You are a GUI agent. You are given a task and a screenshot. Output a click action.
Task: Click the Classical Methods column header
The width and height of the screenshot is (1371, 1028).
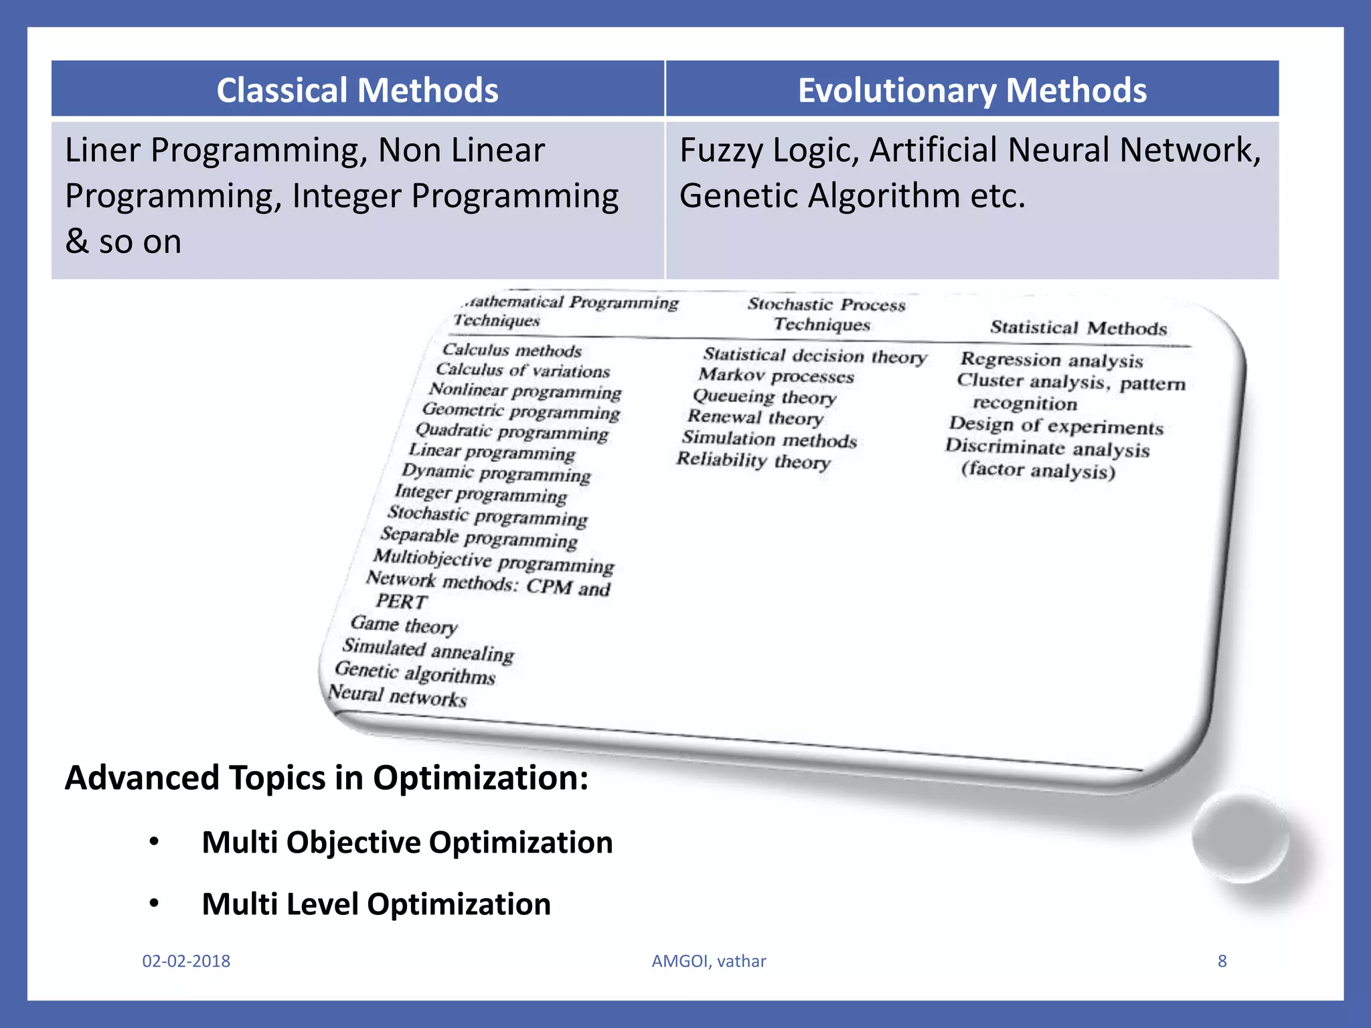click(357, 90)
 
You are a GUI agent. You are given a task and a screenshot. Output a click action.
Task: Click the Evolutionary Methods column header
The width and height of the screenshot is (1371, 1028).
click(972, 90)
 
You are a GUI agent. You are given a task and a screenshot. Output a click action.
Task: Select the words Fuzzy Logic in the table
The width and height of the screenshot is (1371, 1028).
click(769, 150)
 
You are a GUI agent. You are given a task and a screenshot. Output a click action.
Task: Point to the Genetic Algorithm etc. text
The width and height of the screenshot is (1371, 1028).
click(852, 196)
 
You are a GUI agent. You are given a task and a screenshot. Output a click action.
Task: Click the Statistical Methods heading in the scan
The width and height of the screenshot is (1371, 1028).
click(1078, 327)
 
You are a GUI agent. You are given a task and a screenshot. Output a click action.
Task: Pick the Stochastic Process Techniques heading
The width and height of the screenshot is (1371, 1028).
click(825, 314)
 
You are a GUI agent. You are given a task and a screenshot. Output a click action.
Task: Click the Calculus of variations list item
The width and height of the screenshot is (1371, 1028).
click(523, 370)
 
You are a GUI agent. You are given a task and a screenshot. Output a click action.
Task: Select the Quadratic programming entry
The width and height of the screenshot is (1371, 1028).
click(512, 432)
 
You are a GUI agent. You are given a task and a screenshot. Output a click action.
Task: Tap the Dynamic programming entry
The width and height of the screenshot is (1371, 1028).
click(496, 473)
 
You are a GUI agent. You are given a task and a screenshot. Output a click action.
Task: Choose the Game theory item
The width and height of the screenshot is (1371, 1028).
click(404, 625)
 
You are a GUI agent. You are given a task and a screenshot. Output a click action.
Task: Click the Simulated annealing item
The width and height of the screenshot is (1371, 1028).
click(428, 649)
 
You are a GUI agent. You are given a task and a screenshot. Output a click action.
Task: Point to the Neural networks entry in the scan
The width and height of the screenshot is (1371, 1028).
click(398, 696)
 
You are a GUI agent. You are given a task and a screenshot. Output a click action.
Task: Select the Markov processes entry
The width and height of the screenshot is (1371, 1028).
click(777, 375)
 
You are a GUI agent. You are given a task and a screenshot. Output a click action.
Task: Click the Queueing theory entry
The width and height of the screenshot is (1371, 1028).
click(764, 397)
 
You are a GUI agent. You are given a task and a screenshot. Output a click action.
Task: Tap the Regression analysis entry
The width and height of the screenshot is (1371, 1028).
click(1052, 360)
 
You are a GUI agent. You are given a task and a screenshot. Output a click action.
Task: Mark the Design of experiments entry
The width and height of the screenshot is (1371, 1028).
click(1056, 426)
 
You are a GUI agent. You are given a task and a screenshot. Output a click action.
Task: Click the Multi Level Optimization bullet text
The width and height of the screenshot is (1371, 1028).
click(376, 904)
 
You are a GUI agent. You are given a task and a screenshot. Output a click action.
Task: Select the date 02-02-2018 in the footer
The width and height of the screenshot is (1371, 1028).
click(186, 961)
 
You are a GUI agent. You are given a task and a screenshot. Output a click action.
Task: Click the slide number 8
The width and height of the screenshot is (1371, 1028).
click(1222, 961)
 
